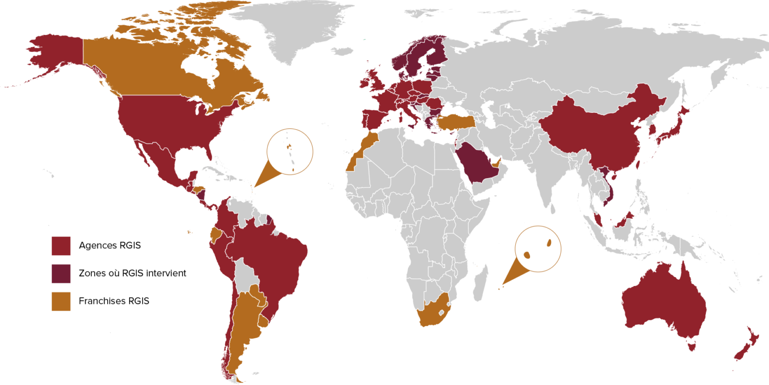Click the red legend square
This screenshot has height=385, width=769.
(60, 246)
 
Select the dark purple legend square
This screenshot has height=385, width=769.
(60, 274)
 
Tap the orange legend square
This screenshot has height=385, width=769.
(60, 301)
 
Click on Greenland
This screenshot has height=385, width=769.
(292, 26)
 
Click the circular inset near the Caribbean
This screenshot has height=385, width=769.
(290, 151)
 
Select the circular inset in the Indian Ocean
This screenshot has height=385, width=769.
(538, 249)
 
